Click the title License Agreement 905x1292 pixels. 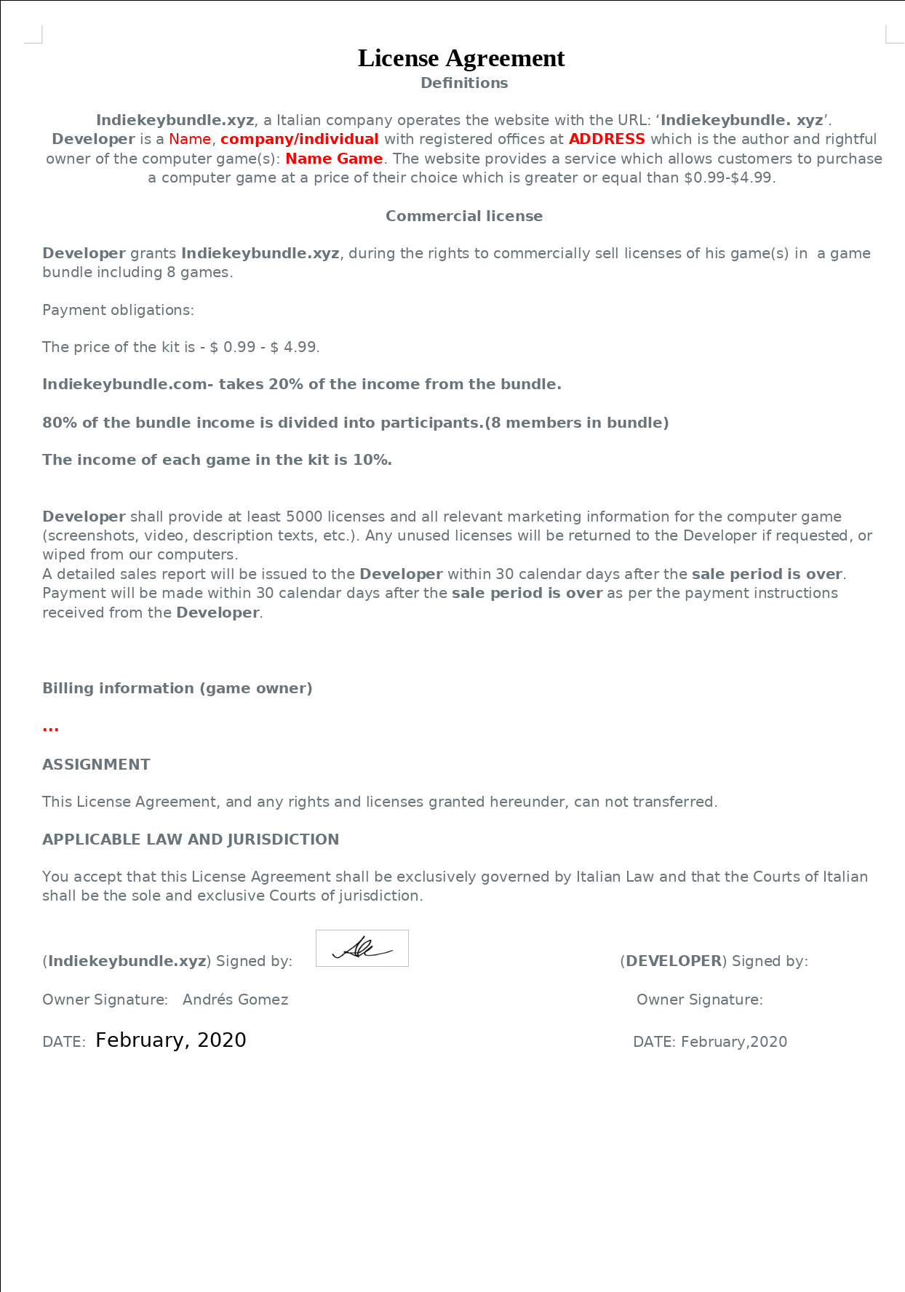coord(461,58)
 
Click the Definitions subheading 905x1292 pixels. coord(464,83)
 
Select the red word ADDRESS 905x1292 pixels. coord(607,139)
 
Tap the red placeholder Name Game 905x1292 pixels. coord(334,159)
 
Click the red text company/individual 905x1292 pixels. coord(300,139)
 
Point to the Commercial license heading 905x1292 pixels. coord(464,216)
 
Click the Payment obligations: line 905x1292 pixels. coord(118,310)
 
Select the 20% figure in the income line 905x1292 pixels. coord(286,384)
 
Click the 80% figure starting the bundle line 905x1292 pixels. coord(60,423)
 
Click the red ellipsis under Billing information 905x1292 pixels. coord(51,727)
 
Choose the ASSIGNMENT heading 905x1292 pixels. coord(96,765)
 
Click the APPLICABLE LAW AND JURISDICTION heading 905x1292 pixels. coord(191,840)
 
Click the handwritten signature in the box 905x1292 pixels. coord(362,948)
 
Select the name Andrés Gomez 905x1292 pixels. coord(236,1000)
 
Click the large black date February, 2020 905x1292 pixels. coord(171,1040)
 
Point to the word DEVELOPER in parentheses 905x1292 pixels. coord(674,961)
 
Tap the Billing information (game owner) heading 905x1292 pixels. coord(177,688)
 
